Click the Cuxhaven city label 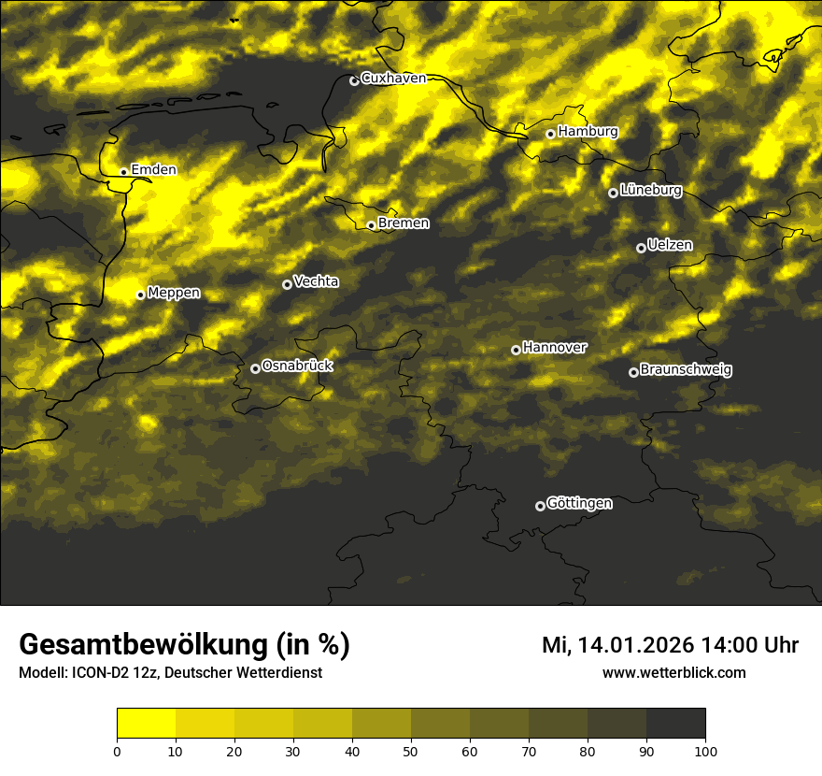click(393, 78)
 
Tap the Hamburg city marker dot click(551, 134)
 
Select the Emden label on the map click(153, 169)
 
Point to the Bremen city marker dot click(371, 225)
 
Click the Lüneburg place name click(650, 190)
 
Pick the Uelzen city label click(670, 245)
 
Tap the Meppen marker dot click(141, 295)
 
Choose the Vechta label click(316, 281)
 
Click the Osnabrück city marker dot click(255, 368)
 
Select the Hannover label click(554, 347)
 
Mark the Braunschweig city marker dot click(633, 372)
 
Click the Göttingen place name click(579, 503)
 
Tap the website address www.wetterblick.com click(673, 673)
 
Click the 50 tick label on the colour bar click(411, 751)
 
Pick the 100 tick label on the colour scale click(704, 751)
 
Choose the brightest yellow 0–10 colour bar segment click(147, 724)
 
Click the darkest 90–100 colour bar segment click(675, 724)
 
